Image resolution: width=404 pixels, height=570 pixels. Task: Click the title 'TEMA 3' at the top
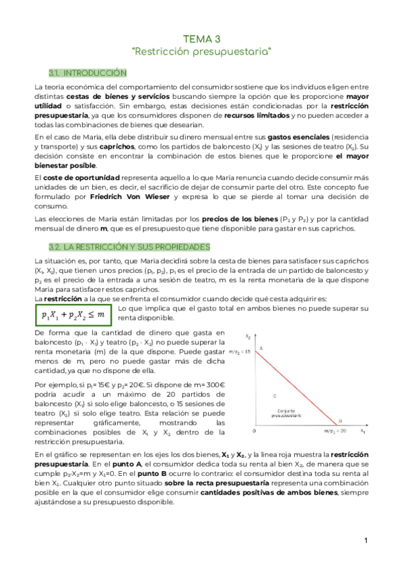(x=201, y=40)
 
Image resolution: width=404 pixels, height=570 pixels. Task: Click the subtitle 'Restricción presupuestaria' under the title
(x=201, y=51)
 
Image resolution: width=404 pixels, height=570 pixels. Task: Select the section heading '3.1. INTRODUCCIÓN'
(x=88, y=72)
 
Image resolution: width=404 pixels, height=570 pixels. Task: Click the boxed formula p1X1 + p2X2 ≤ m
(x=73, y=315)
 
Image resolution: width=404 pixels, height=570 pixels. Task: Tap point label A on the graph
(x=261, y=348)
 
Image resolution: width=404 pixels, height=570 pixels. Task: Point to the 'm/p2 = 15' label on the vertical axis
(x=239, y=352)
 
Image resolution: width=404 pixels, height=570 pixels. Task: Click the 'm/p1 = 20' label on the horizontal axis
(x=335, y=431)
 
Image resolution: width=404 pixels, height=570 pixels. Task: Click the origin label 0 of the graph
(x=254, y=430)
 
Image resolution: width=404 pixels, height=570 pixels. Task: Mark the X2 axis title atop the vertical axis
(x=248, y=337)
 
